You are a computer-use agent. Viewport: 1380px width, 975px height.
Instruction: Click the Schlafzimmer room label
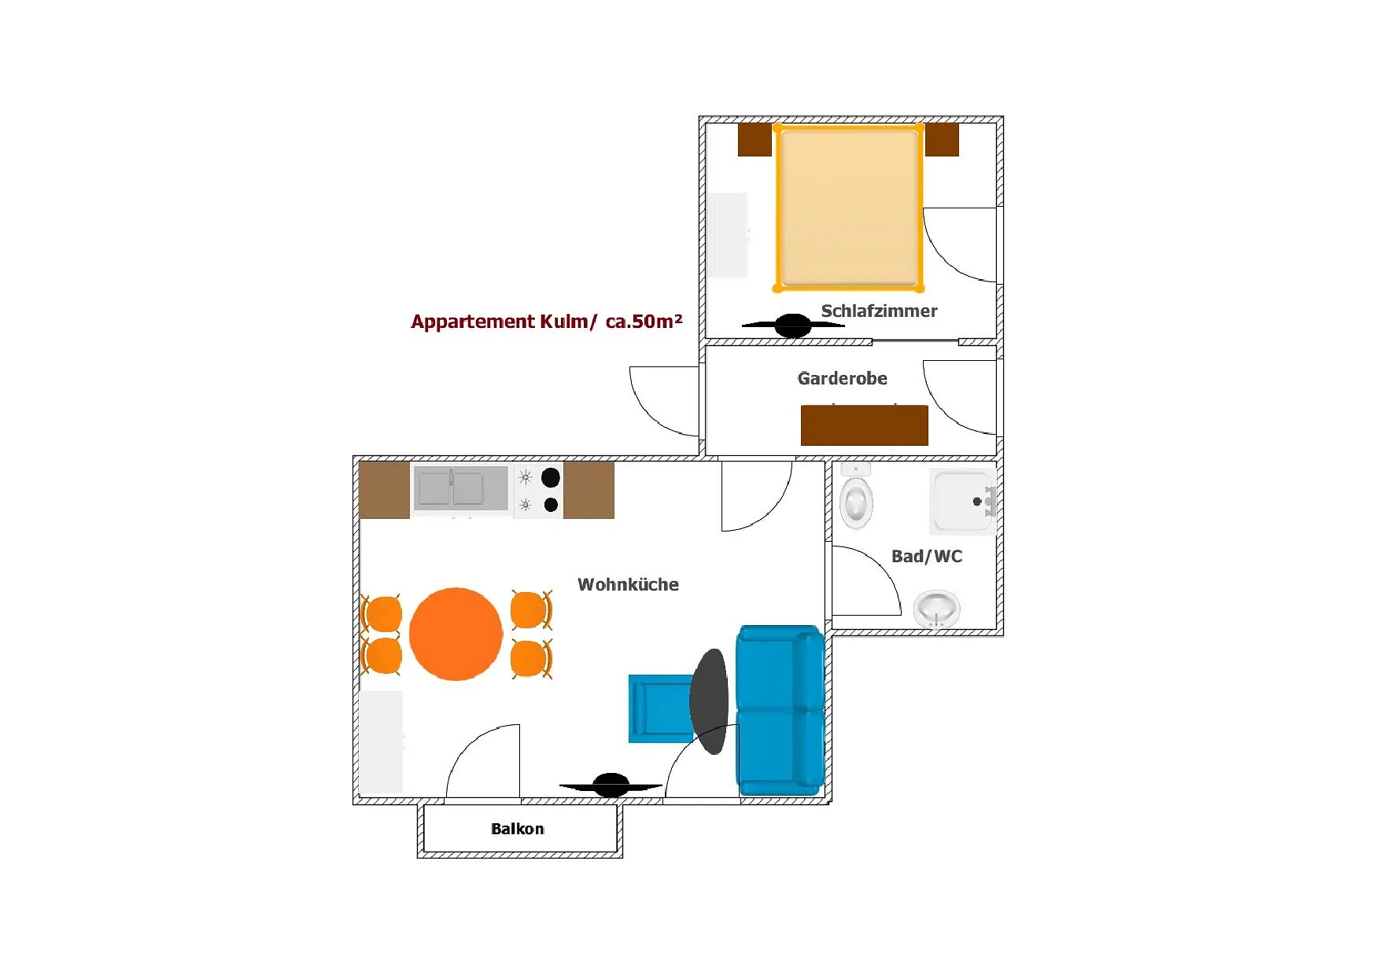tap(879, 311)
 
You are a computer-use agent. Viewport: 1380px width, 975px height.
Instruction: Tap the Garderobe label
tap(842, 378)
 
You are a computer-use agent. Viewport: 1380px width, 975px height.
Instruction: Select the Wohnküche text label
tap(628, 584)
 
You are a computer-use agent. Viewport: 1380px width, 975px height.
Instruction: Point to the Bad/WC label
tap(927, 556)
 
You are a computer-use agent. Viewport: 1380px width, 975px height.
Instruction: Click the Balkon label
tap(517, 829)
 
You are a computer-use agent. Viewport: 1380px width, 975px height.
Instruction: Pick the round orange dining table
tap(456, 634)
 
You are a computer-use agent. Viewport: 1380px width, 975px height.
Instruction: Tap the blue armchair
tap(661, 708)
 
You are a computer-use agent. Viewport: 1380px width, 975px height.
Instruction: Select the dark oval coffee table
tap(709, 701)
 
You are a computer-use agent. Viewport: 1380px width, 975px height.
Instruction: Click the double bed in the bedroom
tap(848, 208)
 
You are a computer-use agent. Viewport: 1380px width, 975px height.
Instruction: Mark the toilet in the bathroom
tap(856, 497)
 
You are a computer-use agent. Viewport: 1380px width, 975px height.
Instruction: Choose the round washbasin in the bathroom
tap(937, 609)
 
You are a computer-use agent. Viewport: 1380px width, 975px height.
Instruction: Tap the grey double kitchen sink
tap(461, 488)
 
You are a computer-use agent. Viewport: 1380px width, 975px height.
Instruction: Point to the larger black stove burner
tap(551, 476)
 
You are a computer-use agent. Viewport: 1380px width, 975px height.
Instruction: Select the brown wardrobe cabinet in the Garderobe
tap(864, 425)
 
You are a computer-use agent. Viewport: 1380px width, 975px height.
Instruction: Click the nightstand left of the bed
tap(755, 139)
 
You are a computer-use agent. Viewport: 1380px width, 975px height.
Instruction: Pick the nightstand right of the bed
tap(942, 139)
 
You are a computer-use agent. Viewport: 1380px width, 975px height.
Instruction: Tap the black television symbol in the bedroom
tap(792, 325)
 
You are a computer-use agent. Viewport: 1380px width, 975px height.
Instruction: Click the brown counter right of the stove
tap(589, 490)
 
